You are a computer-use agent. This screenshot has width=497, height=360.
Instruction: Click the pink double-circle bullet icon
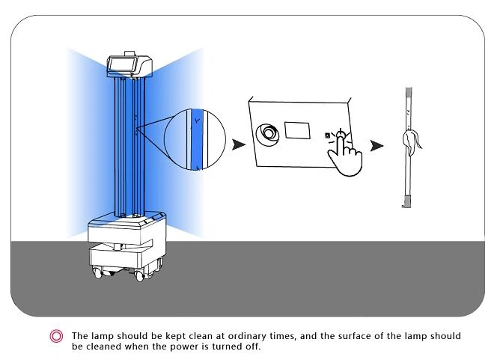point(56,336)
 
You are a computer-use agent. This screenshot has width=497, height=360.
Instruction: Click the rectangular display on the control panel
point(297,130)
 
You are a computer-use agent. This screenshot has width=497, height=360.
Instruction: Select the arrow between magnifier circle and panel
point(239,144)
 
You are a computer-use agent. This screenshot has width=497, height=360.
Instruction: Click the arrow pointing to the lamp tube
point(377,146)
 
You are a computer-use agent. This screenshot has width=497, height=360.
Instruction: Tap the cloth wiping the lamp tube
point(411,142)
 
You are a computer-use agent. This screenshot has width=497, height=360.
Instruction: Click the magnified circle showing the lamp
point(195,139)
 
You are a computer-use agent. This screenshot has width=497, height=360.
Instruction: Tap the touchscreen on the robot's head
point(122,64)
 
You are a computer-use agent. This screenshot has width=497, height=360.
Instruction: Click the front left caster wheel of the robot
point(97,272)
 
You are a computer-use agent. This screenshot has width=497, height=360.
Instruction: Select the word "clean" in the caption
point(201,335)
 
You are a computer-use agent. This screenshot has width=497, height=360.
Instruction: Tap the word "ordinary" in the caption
point(247,336)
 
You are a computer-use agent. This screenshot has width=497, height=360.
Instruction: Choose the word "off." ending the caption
point(253,346)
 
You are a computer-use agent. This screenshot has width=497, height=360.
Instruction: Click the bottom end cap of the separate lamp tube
point(408,201)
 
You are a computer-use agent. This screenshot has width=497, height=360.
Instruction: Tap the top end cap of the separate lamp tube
point(409,92)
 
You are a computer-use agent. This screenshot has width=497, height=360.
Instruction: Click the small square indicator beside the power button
point(327,135)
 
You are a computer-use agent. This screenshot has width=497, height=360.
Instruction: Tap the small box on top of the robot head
point(129,53)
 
